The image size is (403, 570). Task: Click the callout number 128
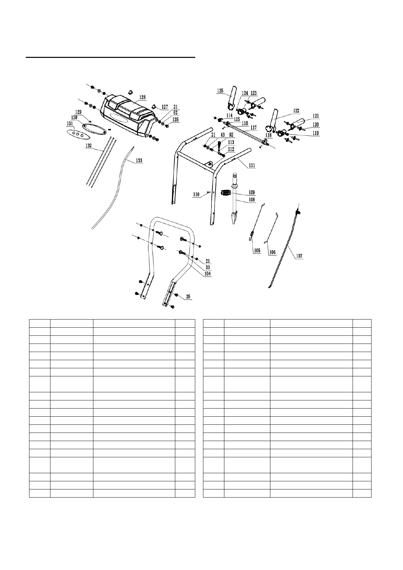(x=142, y=97)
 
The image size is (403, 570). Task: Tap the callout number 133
(x=139, y=160)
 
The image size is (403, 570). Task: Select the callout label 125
(x=220, y=91)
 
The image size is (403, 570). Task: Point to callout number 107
(x=299, y=256)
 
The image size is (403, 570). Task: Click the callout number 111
(x=252, y=166)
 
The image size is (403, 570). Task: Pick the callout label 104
(x=207, y=274)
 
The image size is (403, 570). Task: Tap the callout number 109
(x=252, y=193)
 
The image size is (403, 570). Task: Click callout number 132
(x=88, y=145)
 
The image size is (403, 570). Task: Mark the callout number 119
(x=315, y=133)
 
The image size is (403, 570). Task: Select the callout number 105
(x=257, y=251)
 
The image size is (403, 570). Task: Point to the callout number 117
(x=253, y=128)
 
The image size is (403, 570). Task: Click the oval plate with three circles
(x=78, y=134)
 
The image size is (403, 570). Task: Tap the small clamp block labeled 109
(x=225, y=193)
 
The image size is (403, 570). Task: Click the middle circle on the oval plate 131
(x=78, y=134)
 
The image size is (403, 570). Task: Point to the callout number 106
(x=272, y=252)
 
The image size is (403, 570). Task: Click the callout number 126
(x=175, y=119)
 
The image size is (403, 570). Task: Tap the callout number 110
(x=196, y=195)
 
